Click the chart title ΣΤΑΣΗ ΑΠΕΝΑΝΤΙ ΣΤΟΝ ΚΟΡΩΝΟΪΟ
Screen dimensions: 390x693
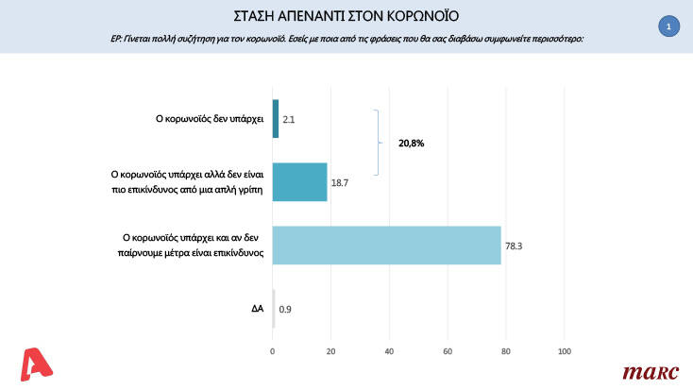click(346, 16)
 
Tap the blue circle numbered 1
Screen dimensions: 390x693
click(668, 27)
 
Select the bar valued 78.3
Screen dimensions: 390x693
click(386, 246)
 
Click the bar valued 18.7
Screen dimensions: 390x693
click(299, 181)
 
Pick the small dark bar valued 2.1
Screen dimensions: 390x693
click(275, 119)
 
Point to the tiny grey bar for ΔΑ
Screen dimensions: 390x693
click(274, 308)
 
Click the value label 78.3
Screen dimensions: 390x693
click(515, 246)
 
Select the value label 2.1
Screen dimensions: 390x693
click(290, 120)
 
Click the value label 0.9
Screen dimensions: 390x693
click(285, 309)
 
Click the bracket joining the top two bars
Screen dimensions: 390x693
click(378, 143)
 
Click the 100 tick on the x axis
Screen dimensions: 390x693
click(565, 352)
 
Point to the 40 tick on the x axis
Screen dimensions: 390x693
click(389, 352)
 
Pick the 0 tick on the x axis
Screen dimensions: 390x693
click(273, 352)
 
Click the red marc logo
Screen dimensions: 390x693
click(651, 372)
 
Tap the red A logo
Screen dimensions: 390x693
click(37, 365)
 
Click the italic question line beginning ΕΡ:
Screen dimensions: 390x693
click(346, 39)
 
